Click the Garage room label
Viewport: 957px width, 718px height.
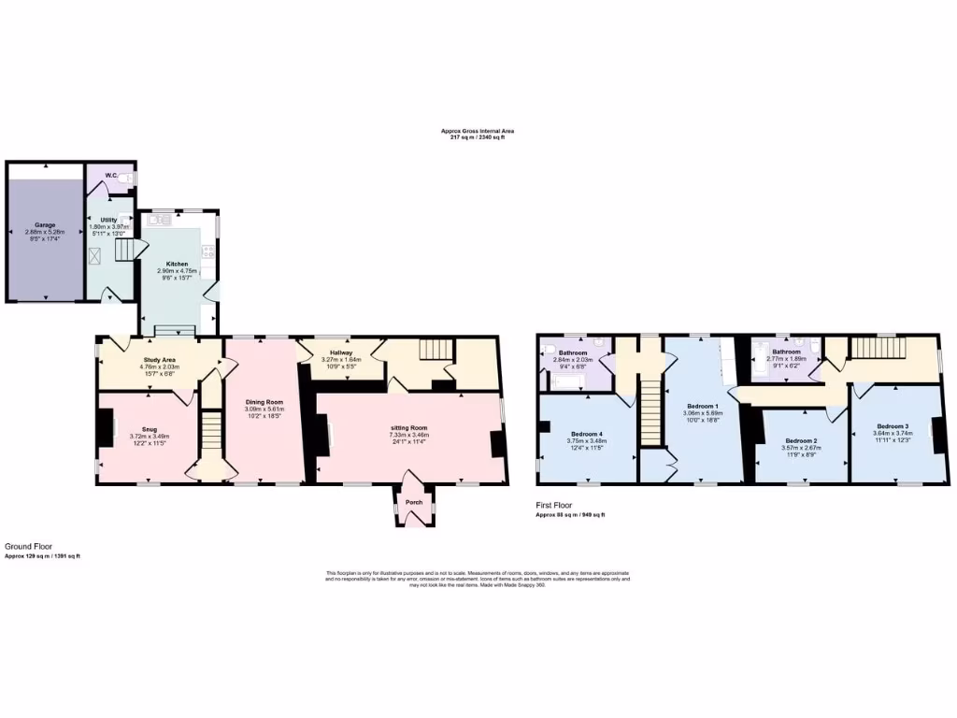(x=45, y=225)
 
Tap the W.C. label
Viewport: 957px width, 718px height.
(x=109, y=174)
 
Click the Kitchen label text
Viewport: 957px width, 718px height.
(x=178, y=264)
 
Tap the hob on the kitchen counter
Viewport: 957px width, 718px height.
(x=211, y=251)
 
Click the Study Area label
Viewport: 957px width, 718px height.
(x=160, y=360)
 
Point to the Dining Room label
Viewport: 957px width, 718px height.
(x=264, y=402)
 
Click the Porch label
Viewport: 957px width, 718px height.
(x=413, y=502)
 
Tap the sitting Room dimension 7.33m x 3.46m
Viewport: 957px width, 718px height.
(x=409, y=435)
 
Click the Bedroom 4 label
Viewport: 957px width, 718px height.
(x=587, y=435)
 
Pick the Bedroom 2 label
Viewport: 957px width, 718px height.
(x=801, y=440)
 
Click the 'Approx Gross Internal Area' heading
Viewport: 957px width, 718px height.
(x=478, y=131)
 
